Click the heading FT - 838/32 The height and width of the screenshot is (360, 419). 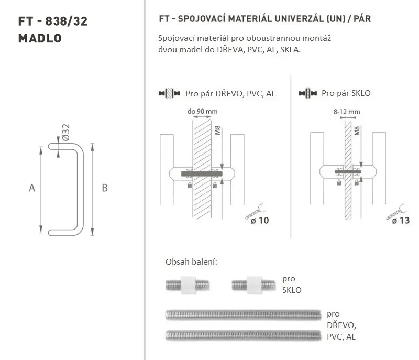point(53,21)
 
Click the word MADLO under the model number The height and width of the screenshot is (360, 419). point(40,38)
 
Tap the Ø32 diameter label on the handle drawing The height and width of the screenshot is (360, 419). point(66,132)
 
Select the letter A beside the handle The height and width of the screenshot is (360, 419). point(32,188)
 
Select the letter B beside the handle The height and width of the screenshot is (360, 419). point(105,188)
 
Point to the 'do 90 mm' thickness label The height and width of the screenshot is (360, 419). point(202,111)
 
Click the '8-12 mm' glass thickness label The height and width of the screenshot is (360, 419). point(347,112)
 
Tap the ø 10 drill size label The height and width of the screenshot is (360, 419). point(260,221)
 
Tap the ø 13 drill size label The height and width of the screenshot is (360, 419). point(401,221)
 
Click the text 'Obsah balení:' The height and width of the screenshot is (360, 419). point(191,261)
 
